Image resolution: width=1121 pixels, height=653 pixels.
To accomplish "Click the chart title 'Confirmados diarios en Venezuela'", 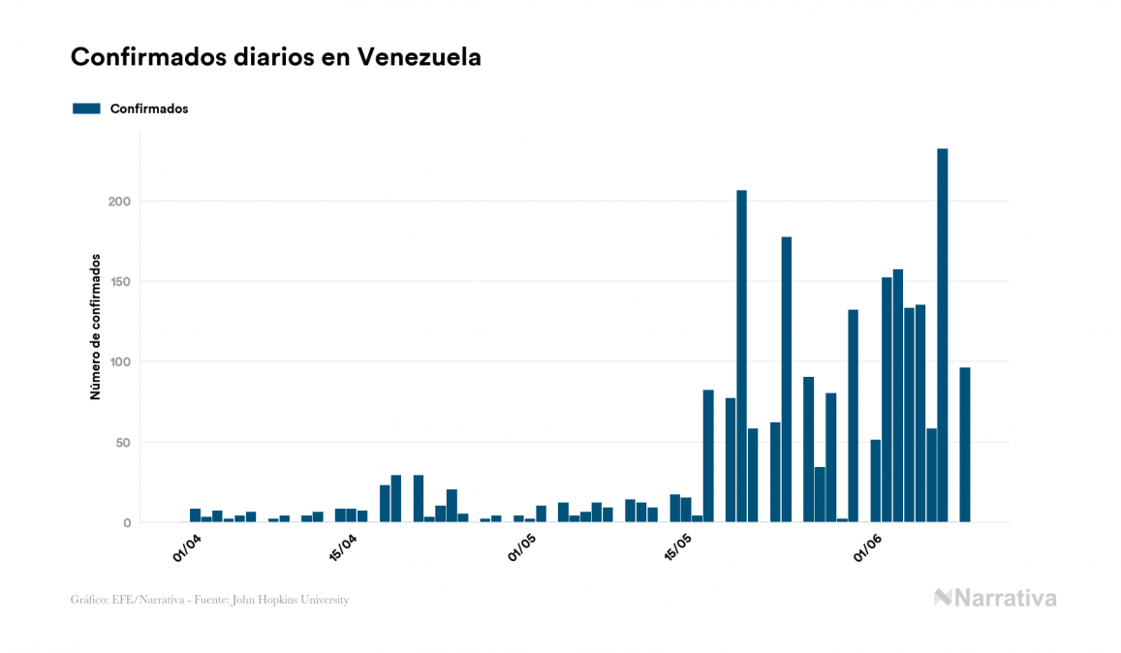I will [275, 57].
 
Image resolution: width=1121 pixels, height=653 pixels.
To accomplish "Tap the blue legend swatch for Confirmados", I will [86, 109].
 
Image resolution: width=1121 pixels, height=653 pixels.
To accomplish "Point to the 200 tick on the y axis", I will [117, 202].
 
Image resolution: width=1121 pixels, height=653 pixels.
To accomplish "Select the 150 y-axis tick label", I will [117, 282].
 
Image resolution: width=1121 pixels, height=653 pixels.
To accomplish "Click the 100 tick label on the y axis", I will [117, 362].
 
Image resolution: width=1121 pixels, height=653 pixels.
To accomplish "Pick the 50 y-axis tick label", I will [121, 443].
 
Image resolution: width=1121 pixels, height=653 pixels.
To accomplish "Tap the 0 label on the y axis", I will [126, 523].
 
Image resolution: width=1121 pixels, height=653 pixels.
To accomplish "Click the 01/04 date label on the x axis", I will [187, 546].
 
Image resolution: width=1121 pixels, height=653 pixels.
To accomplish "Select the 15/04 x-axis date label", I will [343, 546].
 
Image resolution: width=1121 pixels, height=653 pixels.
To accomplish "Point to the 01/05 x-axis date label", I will [522, 546].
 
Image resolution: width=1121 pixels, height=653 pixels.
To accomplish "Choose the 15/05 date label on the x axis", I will [678, 546].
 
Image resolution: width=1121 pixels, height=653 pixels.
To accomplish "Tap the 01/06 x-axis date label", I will [867, 546].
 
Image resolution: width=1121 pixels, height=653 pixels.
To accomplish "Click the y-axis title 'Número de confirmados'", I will [95, 326].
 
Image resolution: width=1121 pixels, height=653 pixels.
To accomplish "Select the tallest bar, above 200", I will [943, 335].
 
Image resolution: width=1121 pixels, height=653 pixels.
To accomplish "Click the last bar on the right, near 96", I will [965, 445].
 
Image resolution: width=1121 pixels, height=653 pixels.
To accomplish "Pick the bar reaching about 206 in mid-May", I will [742, 357].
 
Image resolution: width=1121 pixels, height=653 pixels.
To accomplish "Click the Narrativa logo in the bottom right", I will [995, 598].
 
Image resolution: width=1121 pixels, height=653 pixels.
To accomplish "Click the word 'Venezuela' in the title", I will [420, 57].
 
